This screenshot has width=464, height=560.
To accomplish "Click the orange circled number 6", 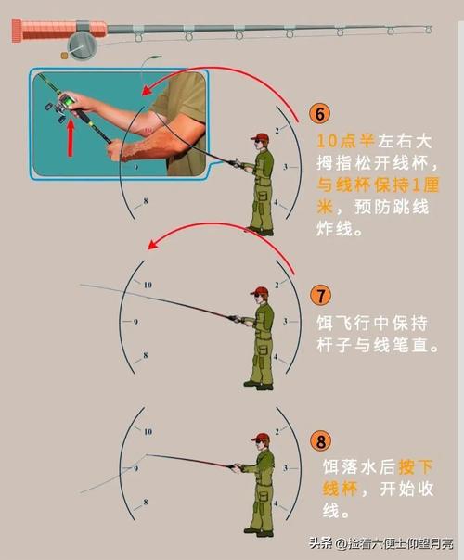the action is pyautogui.click(x=320, y=113).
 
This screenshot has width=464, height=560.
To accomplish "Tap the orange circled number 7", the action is pyautogui.click(x=321, y=296).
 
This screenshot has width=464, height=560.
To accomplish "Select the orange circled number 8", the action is pyautogui.click(x=321, y=440).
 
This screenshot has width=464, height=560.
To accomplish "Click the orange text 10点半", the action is pyautogui.click(x=345, y=141).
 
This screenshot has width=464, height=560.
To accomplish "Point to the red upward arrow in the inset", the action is pyautogui.click(x=71, y=138).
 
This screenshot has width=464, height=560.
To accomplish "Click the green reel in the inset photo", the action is pyautogui.click(x=67, y=103).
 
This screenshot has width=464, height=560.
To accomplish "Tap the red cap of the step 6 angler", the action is pyautogui.click(x=260, y=137).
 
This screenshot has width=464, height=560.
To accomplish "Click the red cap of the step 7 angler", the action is pyautogui.click(x=260, y=290).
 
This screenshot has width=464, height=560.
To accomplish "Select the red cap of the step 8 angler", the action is pyautogui.click(x=261, y=437).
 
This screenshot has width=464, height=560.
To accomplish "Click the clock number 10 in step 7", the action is pyautogui.click(x=148, y=285).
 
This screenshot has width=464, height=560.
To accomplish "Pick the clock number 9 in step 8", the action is pyautogui.click(x=135, y=468).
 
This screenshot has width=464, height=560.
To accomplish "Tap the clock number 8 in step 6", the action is pyautogui.click(x=146, y=201).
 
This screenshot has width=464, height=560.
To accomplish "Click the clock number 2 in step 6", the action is pyautogui.click(x=277, y=131).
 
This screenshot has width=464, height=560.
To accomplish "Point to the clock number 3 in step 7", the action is pyautogui.click(x=285, y=321).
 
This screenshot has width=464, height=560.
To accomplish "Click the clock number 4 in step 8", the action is pyautogui.click(x=276, y=503).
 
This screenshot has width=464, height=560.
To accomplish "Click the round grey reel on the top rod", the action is pyautogui.click(x=83, y=45).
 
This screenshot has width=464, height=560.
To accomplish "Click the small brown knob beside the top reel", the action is pyautogui.click(x=64, y=56).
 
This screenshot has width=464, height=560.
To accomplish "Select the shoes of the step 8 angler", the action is pyautogui.click(x=259, y=532).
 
